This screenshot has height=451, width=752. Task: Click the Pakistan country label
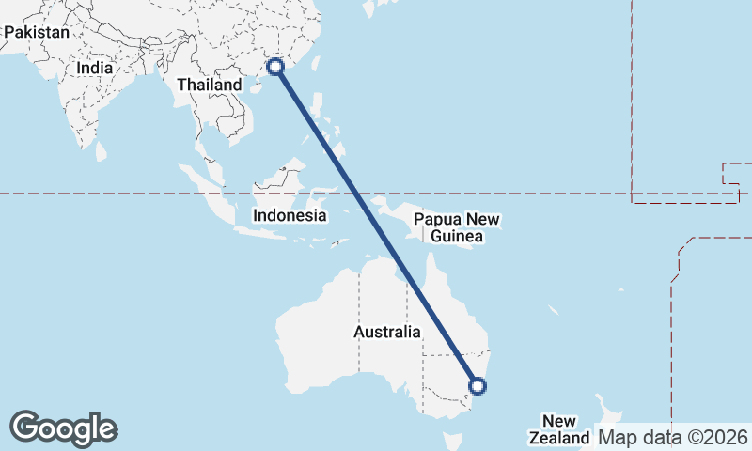click(37, 32)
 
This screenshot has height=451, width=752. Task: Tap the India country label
click(95, 68)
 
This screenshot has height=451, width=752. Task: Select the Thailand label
click(210, 85)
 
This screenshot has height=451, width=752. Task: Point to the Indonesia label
click(290, 215)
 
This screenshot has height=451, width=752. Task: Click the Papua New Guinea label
click(458, 228)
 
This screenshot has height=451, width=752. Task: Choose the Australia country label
click(387, 332)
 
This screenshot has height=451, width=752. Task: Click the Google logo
click(63, 428)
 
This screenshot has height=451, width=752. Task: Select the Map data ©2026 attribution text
click(672, 437)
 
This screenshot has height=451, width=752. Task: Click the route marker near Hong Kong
click(275, 67)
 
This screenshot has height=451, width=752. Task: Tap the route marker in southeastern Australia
click(477, 385)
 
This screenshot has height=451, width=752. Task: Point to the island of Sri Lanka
click(101, 150)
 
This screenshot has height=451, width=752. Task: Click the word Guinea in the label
click(458, 237)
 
